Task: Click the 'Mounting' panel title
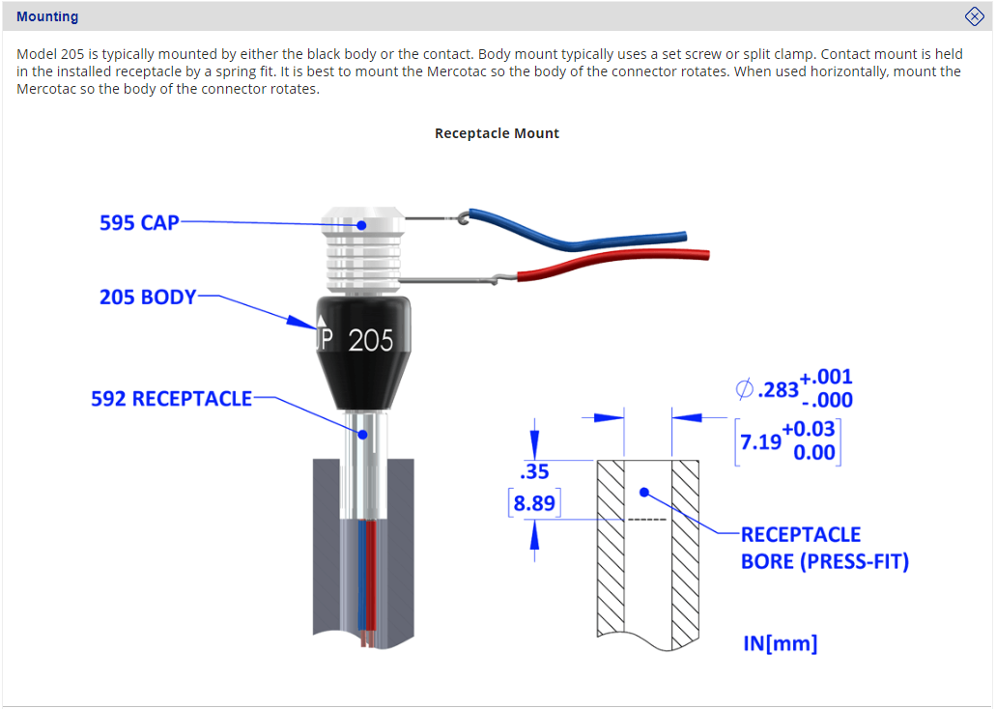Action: coord(47,16)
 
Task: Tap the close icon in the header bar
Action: coord(974,16)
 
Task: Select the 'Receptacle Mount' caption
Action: coord(497,133)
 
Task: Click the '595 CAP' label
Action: coord(139,222)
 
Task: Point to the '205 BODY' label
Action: coord(147,297)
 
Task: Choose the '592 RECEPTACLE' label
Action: coord(171,398)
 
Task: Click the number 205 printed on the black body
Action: coord(371,341)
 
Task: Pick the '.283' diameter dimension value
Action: coord(778,389)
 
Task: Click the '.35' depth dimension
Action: coord(533,472)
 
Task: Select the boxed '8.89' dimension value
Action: coord(534,503)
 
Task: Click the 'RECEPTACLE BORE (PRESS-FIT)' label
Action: coord(824,548)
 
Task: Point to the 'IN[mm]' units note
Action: coord(780,643)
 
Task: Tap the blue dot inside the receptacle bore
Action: coord(644,492)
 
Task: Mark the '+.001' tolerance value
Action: coord(826,377)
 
